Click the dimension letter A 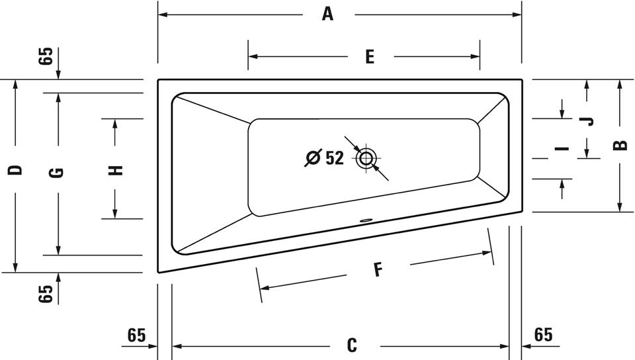pos(327,14)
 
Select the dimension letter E pos(369,57)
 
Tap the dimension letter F pos(378,269)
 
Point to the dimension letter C pos(353,345)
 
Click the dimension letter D pos(15,169)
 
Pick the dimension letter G pos(56,173)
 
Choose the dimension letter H pos(115,170)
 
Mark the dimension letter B pos(620,145)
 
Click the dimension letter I pos(562,149)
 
